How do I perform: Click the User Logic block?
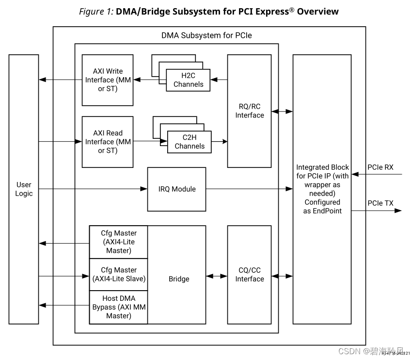pos(24,189)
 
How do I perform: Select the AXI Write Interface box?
pos(108,80)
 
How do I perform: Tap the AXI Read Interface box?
pos(108,142)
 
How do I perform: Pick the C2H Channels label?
pos(190,142)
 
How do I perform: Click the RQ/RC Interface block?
pos(250,111)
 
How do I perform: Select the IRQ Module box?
pos(177,189)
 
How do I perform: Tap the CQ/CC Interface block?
pos(250,275)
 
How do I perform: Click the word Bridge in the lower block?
pos(179,279)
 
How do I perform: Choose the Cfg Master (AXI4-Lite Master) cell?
pos(119,242)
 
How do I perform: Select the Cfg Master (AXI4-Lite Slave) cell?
pos(119,274)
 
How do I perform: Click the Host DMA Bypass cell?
pos(119,307)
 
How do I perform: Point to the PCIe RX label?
pos(380,167)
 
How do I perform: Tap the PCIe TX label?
pos(380,203)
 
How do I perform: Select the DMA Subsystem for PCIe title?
pos(206,35)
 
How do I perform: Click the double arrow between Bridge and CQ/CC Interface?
pos(217,276)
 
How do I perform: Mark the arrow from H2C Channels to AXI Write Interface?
pos(146,80)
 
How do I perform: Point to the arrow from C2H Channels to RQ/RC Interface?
pos(220,142)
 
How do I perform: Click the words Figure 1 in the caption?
pos(96,12)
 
